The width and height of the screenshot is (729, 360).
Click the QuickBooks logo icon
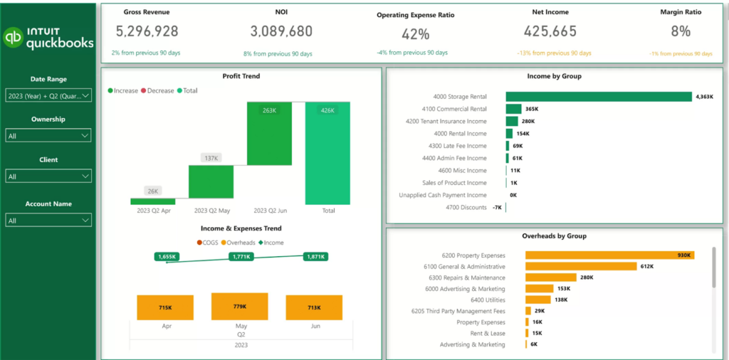(x=14, y=38)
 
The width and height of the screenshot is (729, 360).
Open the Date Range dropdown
(x=48, y=95)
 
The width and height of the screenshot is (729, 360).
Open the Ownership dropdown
(x=48, y=135)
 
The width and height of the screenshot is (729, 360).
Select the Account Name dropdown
(x=48, y=221)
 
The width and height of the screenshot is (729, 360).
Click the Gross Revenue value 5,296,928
(x=147, y=31)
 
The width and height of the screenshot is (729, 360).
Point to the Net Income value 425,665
(x=550, y=31)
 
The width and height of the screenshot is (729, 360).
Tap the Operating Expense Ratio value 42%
(x=415, y=34)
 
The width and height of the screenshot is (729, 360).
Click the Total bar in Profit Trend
(x=328, y=153)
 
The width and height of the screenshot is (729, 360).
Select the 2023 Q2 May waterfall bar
(x=211, y=181)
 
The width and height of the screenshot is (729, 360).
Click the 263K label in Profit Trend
(x=269, y=110)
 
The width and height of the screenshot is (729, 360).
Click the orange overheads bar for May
(x=240, y=307)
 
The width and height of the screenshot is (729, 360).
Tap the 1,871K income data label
(x=314, y=257)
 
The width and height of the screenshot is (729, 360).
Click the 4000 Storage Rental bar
(x=598, y=97)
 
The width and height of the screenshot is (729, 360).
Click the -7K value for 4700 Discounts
(x=497, y=208)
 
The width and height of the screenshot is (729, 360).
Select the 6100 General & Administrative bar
(x=580, y=266)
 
